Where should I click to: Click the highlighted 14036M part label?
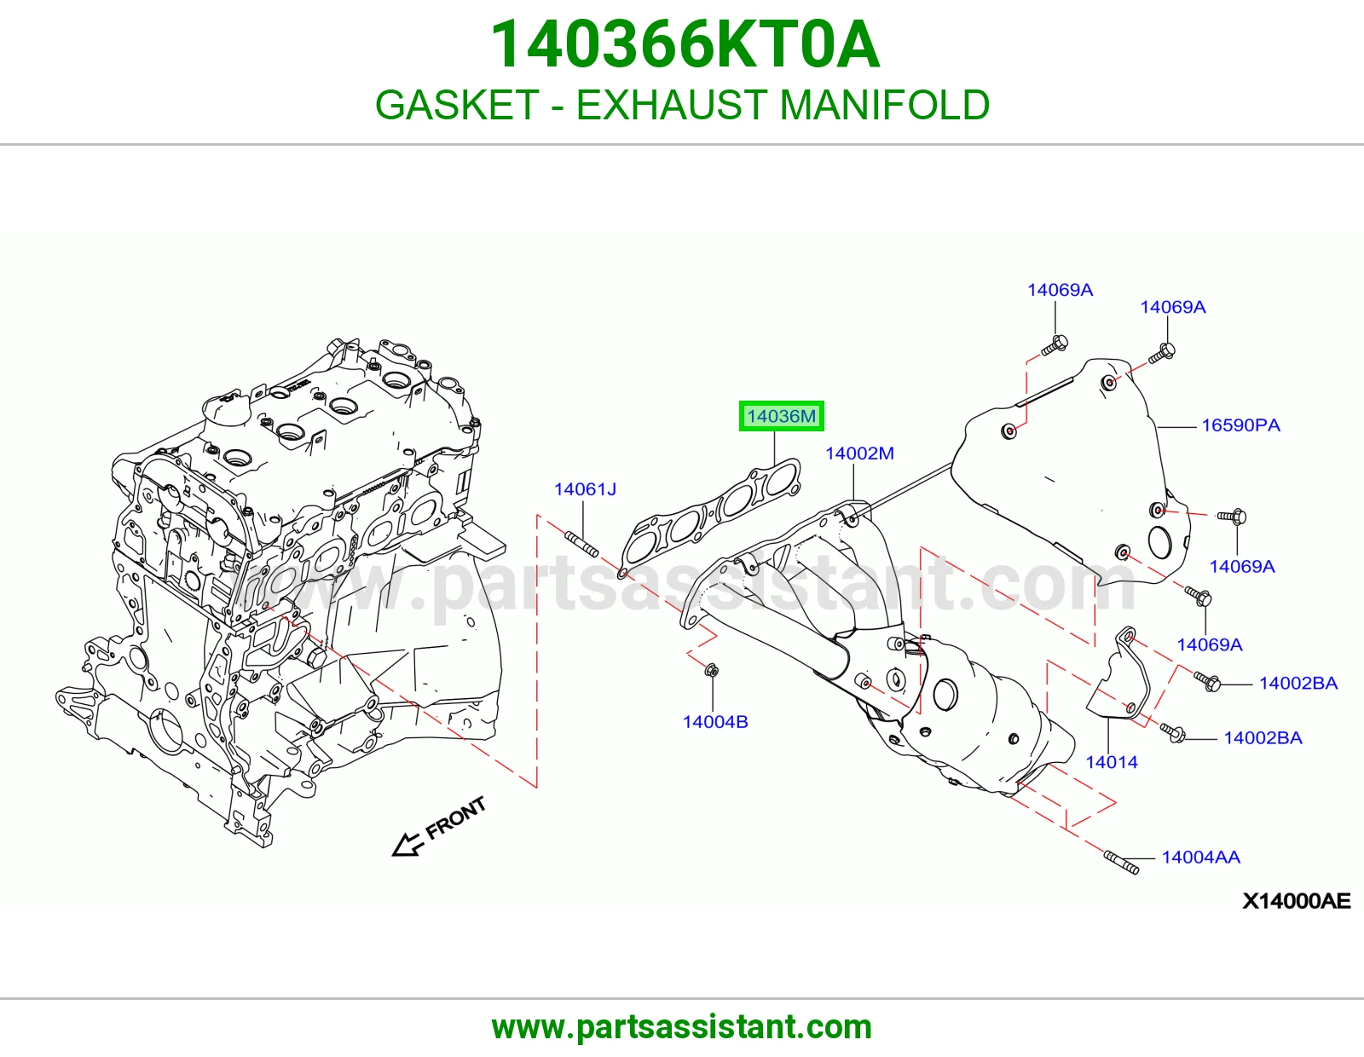point(781,416)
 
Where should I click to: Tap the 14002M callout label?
point(859,453)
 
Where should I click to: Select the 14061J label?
point(585,489)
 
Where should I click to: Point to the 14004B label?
point(715,722)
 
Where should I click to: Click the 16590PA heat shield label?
point(1240,425)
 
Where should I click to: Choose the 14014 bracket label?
point(1112,762)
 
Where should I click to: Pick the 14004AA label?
point(1201,858)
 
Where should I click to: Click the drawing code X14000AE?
point(1296,901)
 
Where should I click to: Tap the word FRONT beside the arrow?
point(456,818)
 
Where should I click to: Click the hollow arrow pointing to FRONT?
point(406,844)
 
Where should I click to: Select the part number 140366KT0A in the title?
point(685,44)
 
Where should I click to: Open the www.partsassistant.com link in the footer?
point(682,1027)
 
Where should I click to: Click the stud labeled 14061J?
point(581,544)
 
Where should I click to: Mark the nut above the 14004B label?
point(711,670)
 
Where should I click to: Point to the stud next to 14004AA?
point(1120,862)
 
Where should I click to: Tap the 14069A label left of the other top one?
point(1060,290)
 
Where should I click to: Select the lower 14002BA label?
point(1263,738)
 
